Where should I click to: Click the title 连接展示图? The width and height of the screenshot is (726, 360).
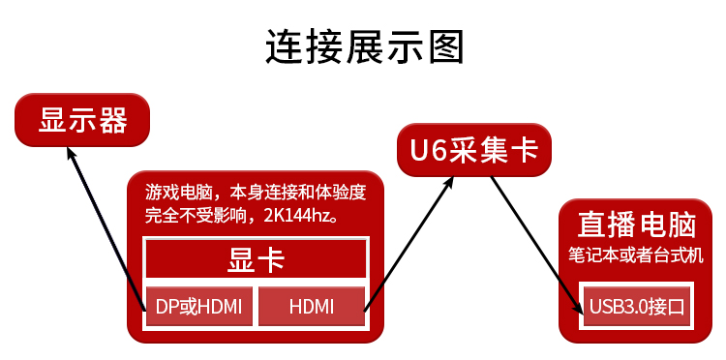[364, 46]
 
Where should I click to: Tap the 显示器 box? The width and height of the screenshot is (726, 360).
[82, 120]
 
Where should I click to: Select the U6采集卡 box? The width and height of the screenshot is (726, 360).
[474, 150]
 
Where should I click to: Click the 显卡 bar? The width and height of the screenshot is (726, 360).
[256, 258]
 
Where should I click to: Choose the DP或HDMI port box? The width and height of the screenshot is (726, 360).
[199, 308]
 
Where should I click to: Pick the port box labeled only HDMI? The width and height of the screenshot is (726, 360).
[312, 308]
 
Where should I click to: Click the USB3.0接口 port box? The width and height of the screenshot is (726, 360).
[636, 308]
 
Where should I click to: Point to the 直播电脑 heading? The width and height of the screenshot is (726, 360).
[636, 225]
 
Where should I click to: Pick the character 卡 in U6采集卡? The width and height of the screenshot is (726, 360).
[524, 150]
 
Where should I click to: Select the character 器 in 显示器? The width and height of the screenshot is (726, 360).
[112, 120]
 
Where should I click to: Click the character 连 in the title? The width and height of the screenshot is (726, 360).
[285, 46]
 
